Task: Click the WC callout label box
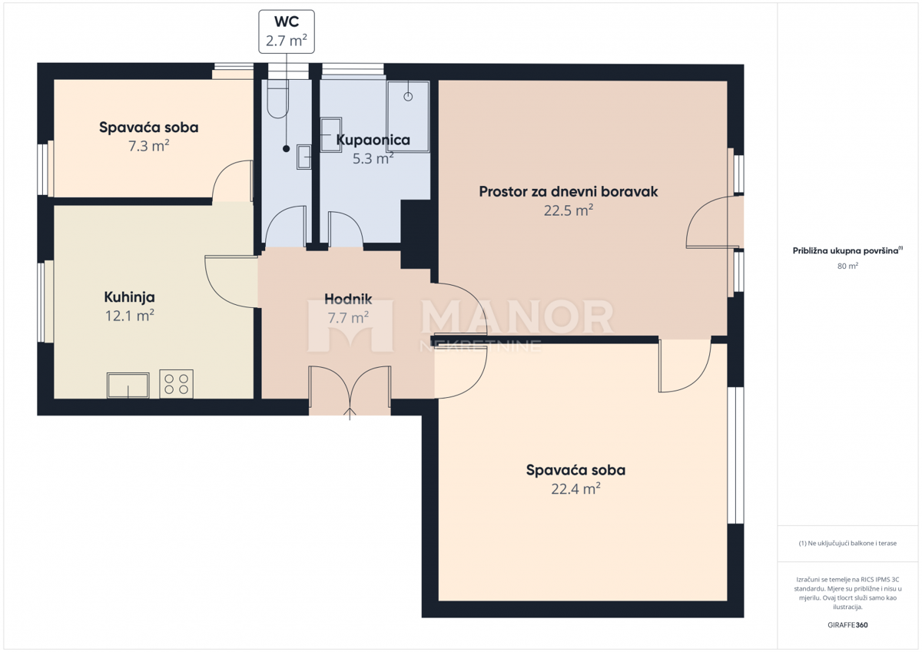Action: coord(286,31)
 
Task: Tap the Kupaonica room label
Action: coord(373,141)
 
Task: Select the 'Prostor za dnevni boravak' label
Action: coord(568,191)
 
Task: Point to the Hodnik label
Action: coord(348,300)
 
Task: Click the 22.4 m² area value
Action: coord(575,488)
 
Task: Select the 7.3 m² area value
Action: coord(148,145)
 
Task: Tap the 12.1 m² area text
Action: coord(129,315)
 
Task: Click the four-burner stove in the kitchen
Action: coord(176,383)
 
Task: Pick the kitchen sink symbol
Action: coord(128,385)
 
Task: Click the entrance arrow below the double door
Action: coord(350,415)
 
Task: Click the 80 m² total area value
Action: coord(847,266)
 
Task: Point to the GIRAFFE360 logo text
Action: coord(847,625)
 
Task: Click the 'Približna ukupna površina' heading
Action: coord(847,250)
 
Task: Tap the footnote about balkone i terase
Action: coord(847,543)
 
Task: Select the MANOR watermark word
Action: coord(517,316)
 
